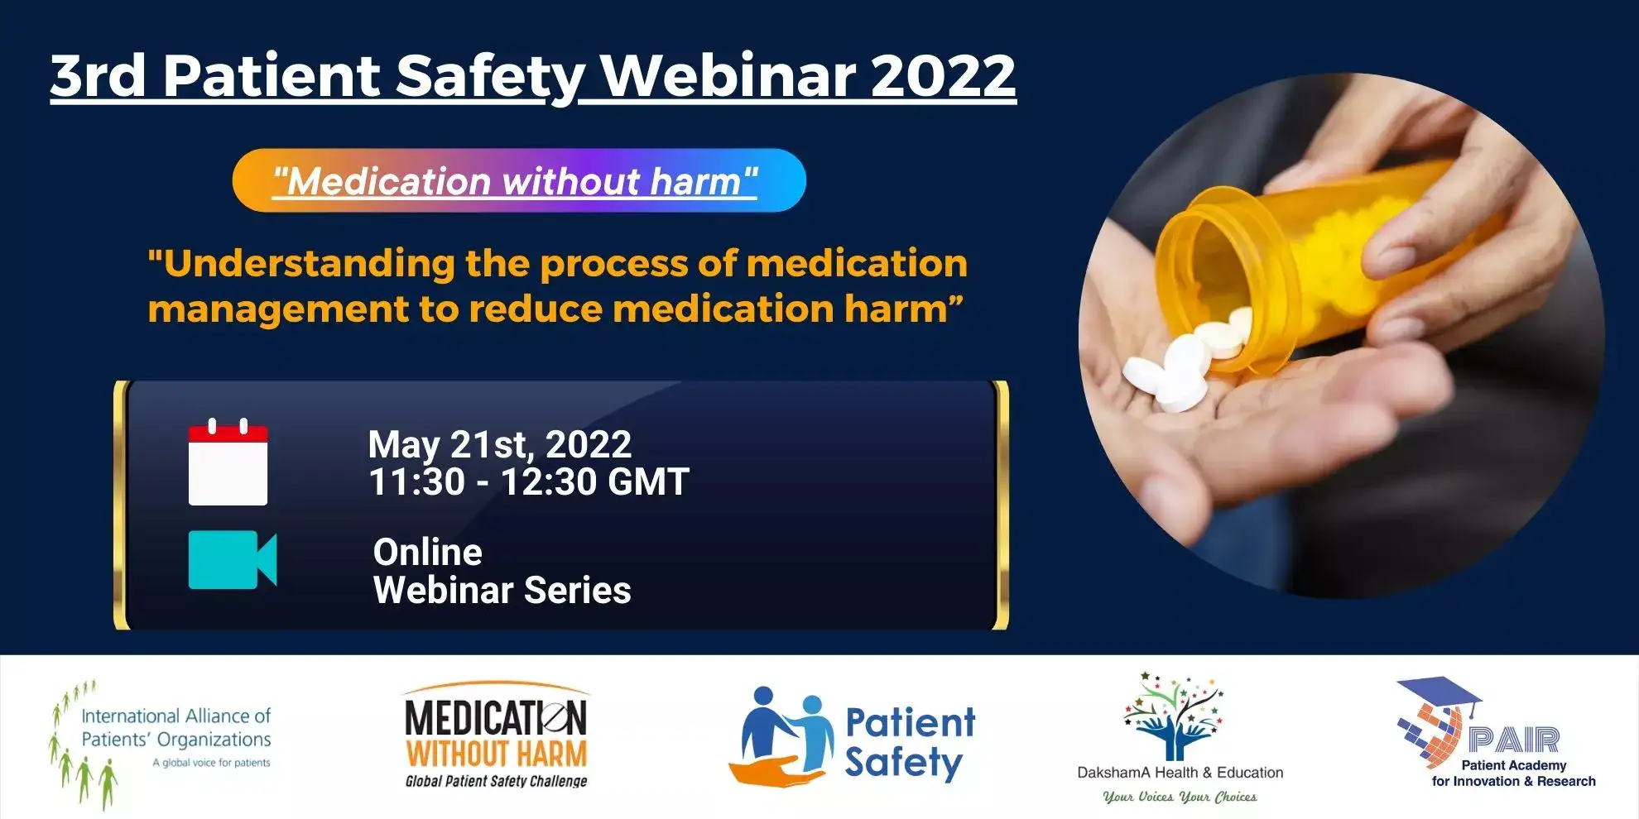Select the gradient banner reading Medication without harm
[x=519, y=180]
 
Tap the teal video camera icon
[x=233, y=560]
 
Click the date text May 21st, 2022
[x=499, y=445]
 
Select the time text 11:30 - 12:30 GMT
[x=528, y=481]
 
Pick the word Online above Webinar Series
[x=427, y=552]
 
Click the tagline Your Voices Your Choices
[x=1180, y=797]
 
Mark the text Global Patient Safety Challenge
[x=496, y=780]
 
